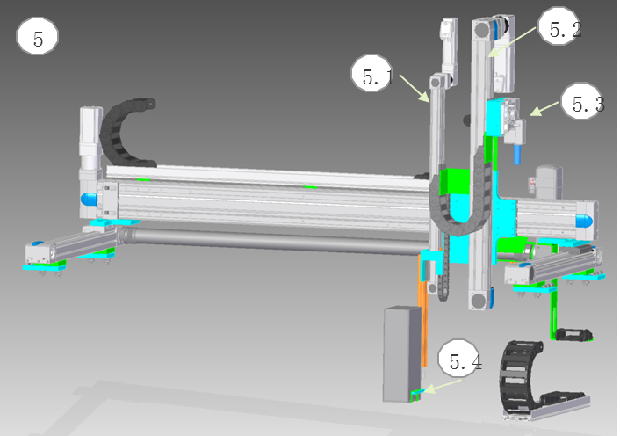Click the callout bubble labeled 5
(37, 36)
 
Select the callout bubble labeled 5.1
(372, 73)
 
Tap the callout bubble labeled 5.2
(559, 25)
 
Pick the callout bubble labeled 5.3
(582, 101)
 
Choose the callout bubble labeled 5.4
(458, 358)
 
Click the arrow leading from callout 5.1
(415, 89)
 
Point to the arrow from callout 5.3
(544, 109)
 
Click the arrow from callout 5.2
(511, 42)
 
